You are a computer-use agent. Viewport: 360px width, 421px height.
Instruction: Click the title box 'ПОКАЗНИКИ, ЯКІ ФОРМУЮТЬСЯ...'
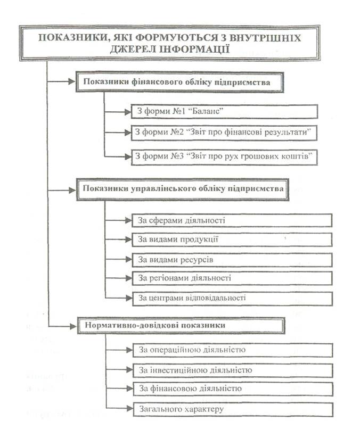click(170, 43)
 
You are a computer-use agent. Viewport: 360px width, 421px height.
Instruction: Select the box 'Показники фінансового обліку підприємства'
click(179, 82)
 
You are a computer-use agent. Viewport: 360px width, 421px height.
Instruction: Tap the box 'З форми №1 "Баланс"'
click(224, 112)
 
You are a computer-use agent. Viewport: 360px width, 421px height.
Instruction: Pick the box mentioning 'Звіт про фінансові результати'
click(224, 131)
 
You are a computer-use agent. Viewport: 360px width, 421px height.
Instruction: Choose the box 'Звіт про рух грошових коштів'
click(224, 156)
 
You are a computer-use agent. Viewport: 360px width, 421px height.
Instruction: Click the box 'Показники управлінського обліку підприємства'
click(183, 189)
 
